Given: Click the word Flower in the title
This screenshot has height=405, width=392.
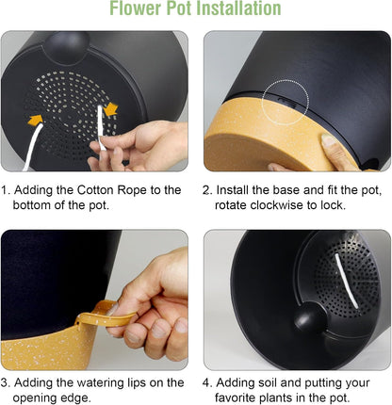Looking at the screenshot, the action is coord(136,8).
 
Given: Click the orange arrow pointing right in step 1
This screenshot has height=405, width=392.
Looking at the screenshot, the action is coord(35,120).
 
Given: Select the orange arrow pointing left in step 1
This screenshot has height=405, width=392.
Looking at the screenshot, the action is coord(110,109).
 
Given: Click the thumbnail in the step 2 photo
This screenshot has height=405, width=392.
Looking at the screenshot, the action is coord(328,139).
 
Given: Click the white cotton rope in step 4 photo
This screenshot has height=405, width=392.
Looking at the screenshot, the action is coord(347,280).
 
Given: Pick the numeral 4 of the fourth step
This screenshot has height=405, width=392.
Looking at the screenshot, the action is coord(205,382).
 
